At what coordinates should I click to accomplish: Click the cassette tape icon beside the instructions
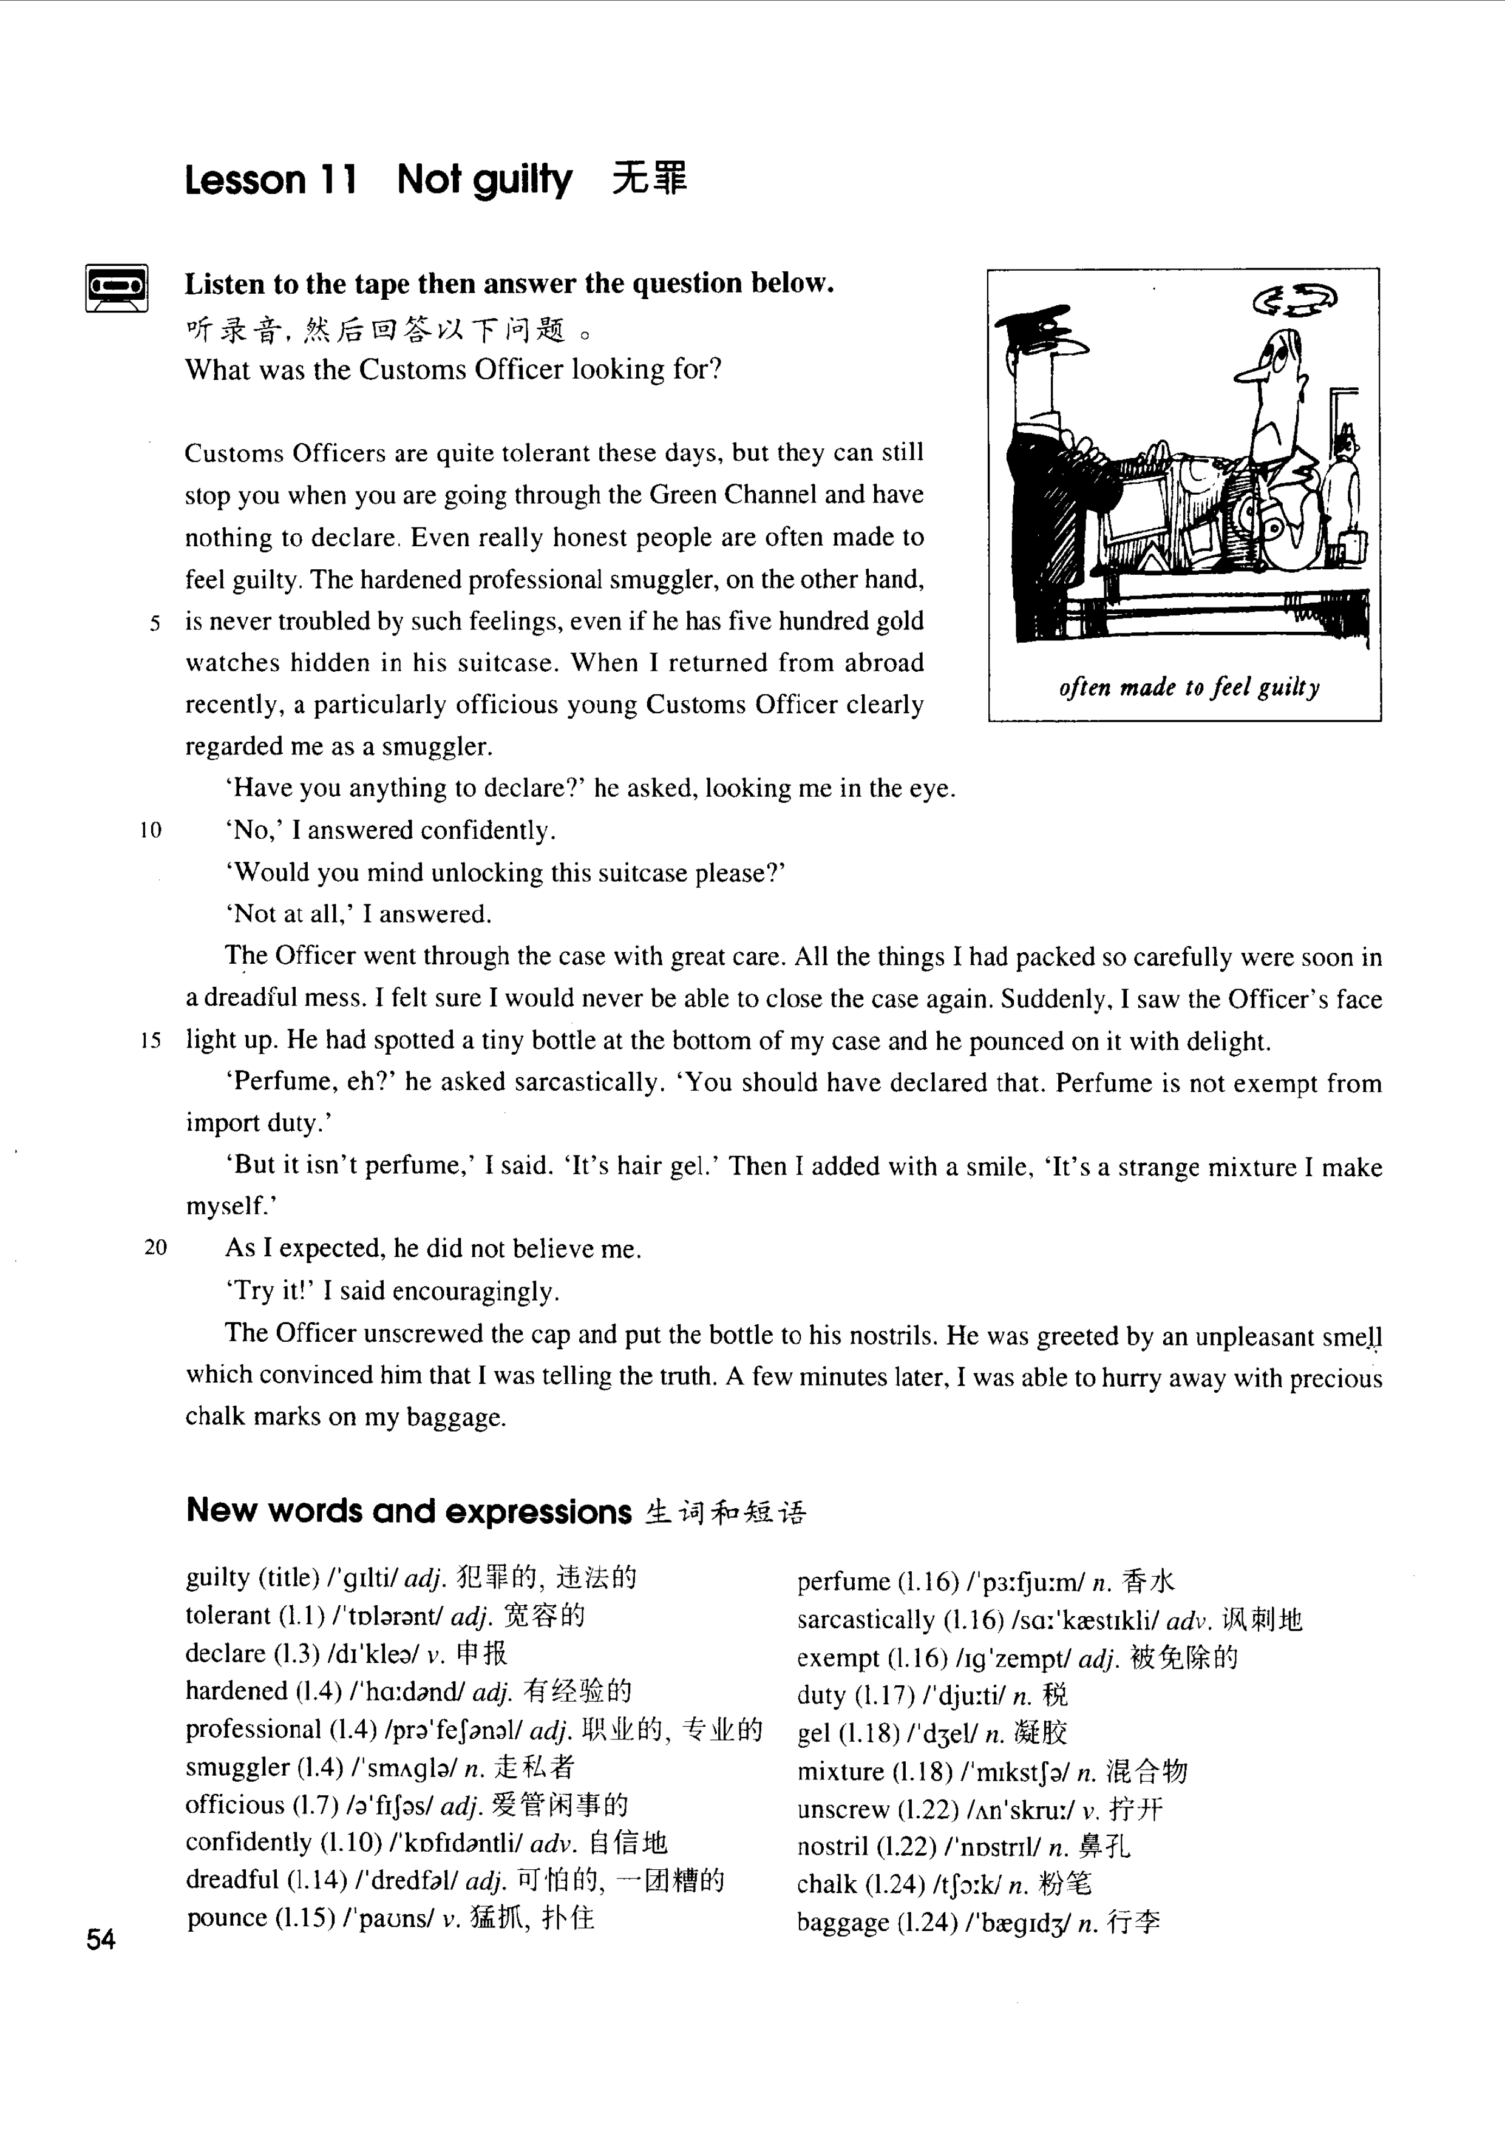tap(117, 288)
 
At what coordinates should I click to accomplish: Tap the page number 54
tap(100, 1939)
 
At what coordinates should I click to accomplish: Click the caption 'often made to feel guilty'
tap(1189, 687)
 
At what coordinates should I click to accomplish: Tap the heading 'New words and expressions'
tap(408, 1511)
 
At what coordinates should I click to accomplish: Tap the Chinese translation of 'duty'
tap(1055, 1696)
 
